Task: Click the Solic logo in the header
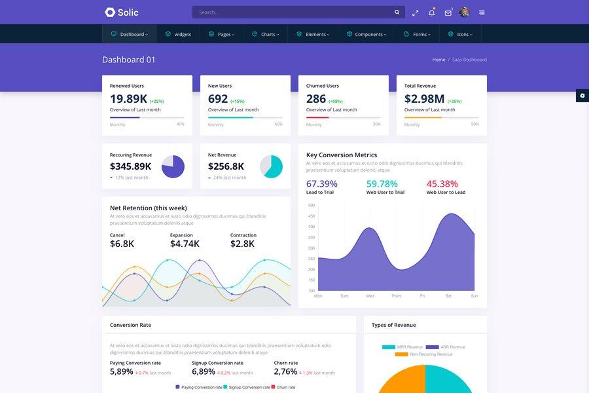122,12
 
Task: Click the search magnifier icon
397,12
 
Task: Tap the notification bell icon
431,12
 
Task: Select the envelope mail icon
448,12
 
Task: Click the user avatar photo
465,12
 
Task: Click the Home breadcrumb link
438,60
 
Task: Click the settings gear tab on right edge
582,96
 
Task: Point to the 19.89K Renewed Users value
128,99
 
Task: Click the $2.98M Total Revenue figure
424,99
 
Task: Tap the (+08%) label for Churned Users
335,102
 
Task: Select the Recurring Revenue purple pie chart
173,166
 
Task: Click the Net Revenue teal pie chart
271,166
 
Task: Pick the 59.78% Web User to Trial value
382,184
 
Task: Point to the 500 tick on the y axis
312,205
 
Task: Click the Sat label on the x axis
448,296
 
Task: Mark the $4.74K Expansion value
185,244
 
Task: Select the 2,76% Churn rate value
285,371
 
